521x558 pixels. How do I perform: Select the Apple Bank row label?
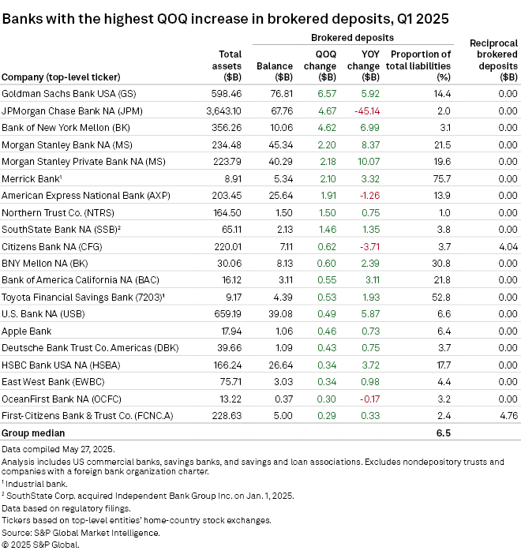(x=26, y=331)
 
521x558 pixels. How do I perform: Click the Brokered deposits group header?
(x=352, y=37)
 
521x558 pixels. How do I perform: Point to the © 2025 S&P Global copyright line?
(x=39, y=545)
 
